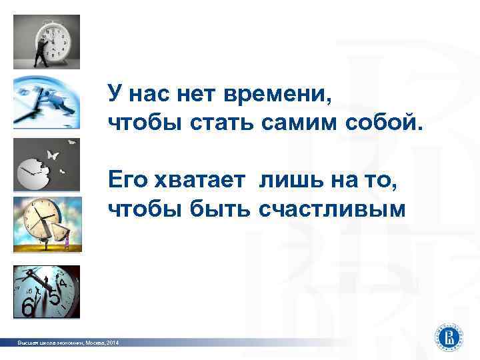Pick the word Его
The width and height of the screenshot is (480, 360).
point(128,182)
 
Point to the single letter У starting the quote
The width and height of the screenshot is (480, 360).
point(116,97)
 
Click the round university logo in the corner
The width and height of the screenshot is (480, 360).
point(451,335)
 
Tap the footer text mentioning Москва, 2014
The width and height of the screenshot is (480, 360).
point(69,343)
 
